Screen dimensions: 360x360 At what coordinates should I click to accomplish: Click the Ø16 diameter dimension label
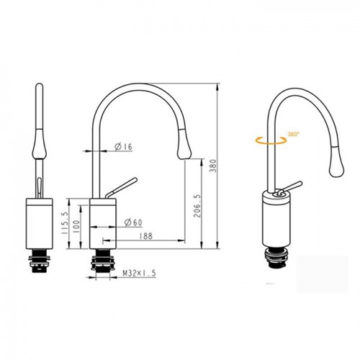pyautogui.click(x=123, y=147)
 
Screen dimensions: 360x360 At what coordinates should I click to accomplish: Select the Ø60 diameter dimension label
pyautogui.click(x=133, y=222)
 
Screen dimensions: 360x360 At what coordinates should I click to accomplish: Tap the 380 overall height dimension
pyautogui.click(x=213, y=166)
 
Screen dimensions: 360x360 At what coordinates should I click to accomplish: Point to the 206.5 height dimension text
pyautogui.click(x=197, y=206)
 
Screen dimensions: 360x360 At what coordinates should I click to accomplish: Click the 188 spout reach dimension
pyautogui.click(x=145, y=236)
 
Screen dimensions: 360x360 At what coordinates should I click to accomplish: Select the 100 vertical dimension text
pyautogui.click(x=76, y=227)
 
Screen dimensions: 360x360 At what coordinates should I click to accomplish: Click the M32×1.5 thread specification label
pyautogui.click(x=139, y=273)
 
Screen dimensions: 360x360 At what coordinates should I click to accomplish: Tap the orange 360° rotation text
pyautogui.click(x=294, y=134)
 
